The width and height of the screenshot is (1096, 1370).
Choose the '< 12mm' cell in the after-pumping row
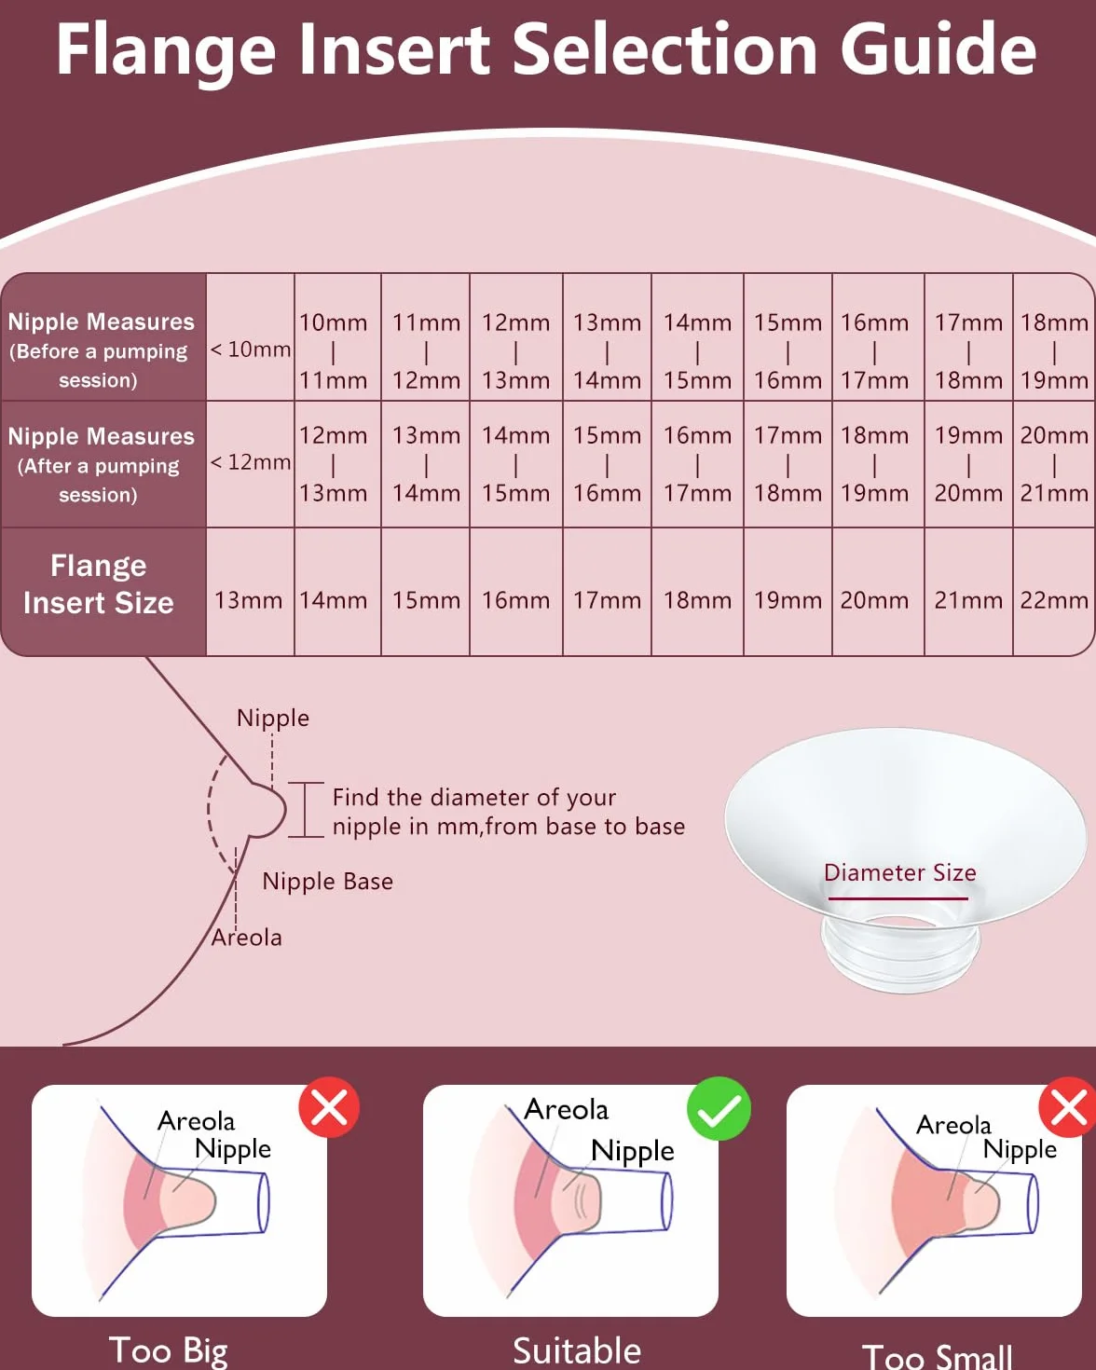251,462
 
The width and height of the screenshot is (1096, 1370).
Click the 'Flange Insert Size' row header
99,584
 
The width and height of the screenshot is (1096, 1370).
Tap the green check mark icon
719,1108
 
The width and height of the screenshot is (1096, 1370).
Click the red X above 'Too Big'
329,1107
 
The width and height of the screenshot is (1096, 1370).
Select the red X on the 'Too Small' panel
1069,1107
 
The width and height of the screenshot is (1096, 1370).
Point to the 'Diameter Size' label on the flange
900,873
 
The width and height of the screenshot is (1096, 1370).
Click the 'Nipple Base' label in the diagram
328,882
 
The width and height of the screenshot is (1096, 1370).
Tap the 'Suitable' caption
577,1351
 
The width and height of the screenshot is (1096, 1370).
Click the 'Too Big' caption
168,1351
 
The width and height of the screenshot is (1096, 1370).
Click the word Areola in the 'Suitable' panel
566,1110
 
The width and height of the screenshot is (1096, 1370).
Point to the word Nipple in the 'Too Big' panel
233,1150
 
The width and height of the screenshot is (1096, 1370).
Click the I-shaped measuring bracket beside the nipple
306,809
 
